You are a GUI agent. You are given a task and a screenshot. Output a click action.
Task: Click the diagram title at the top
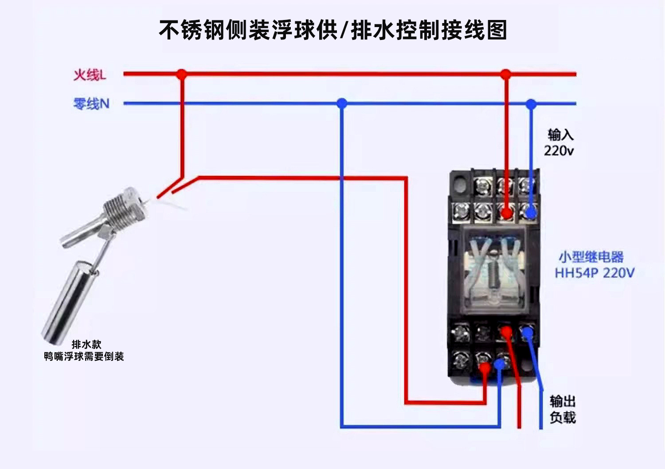[332, 30]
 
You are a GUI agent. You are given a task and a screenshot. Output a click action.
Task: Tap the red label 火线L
[90, 75]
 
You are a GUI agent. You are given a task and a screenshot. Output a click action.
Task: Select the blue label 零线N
[91, 104]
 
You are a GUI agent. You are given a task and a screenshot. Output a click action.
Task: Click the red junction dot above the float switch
[181, 74]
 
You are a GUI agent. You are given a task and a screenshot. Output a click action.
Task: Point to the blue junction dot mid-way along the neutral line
[341, 103]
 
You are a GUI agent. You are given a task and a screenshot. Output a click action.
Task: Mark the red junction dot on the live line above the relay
[505, 74]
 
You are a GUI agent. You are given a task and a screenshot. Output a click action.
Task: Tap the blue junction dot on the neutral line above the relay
[531, 104]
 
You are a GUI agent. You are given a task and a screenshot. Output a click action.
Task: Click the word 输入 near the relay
[560, 134]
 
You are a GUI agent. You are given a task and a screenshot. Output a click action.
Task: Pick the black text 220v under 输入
[559, 151]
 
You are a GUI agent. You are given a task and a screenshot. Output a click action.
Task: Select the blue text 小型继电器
[591, 257]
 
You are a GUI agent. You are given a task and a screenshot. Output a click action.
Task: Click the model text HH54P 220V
[595, 272]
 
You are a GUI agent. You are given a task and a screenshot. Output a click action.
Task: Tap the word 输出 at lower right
[563, 401]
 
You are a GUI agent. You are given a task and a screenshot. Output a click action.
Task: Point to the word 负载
[563, 418]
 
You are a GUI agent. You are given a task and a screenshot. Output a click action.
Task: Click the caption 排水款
[86, 344]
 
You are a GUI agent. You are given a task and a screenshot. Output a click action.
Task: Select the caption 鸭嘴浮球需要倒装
[84, 356]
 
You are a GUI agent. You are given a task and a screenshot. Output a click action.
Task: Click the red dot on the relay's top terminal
[506, 214]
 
